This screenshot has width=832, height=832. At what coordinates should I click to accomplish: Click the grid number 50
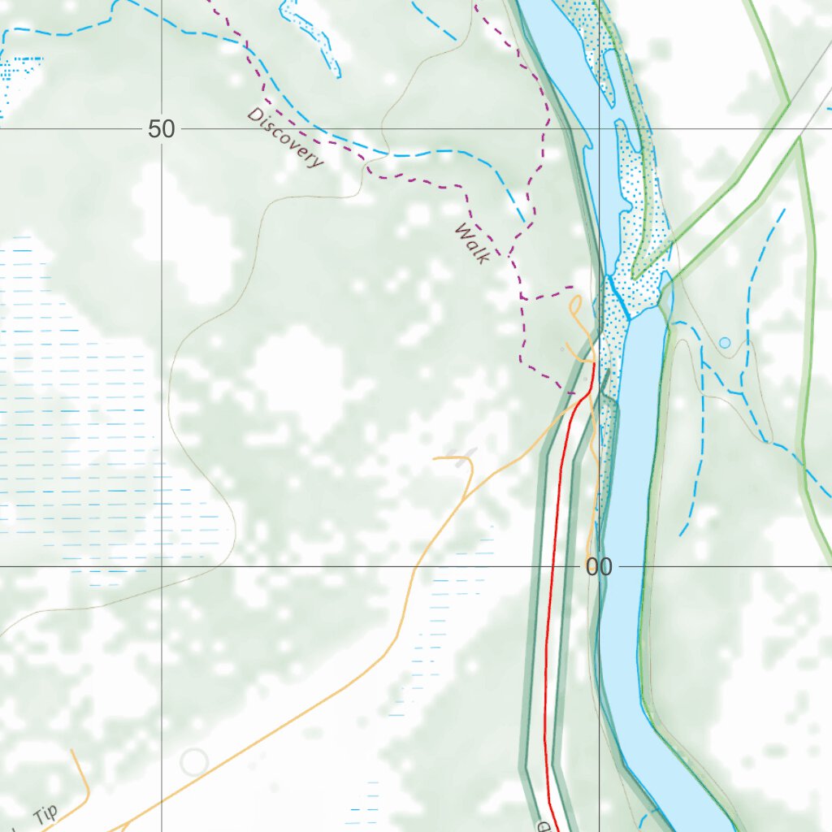tap(162, 128)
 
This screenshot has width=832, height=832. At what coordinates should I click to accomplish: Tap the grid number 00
tap(599, 567)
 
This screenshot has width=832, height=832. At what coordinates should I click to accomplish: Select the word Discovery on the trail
tap(286, 137)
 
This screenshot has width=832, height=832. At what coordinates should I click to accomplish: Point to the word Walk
tap(472, 242)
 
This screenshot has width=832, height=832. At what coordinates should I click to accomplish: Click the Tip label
tap(47, 815)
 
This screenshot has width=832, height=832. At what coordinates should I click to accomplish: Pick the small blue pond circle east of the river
tap(725, 342)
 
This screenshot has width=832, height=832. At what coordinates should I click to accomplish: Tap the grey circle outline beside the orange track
tap(194, 761)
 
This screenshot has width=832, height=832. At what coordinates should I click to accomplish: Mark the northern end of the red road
tap(594, 365)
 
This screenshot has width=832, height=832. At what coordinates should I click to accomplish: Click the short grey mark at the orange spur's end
tap(466, 457)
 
